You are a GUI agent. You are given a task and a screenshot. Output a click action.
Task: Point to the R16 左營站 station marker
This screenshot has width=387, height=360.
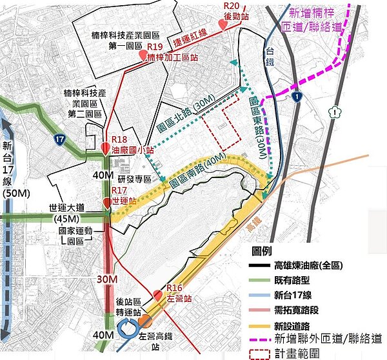tap(158, 296)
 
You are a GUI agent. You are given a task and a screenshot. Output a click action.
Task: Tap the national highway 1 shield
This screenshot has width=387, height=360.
tap(295, 96)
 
